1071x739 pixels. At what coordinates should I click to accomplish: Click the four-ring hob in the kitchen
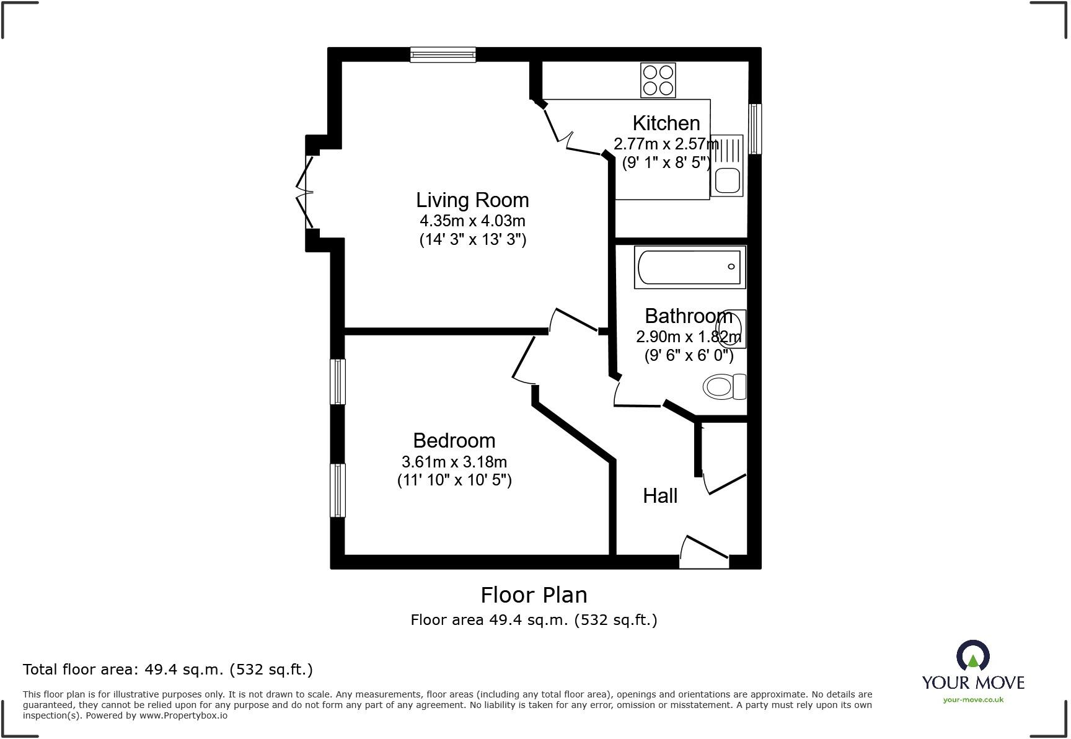(x=658, y=81)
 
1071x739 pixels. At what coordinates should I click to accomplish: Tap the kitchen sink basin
(x=727, y=182)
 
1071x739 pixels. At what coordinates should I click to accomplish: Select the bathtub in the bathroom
(x=689, y=267)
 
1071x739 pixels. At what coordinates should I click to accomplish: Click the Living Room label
(x=472, y=200)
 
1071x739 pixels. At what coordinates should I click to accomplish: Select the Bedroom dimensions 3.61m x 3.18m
(x=454, y=462)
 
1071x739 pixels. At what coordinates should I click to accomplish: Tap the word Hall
(x=660, y=496)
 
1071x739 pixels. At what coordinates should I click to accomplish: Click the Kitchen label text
(x=666, y=123)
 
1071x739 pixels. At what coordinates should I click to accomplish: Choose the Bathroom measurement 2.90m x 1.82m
(x=688, y=337)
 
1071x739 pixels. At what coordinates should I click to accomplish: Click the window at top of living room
(x=443, y=55)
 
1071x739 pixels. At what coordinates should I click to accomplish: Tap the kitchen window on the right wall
(x=754, y=128)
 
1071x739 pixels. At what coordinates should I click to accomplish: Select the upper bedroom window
(x=337, y=381)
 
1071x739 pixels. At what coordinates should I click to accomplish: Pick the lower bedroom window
(x=337, y=490)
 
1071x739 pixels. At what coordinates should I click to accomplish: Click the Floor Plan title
(x=534, y=595)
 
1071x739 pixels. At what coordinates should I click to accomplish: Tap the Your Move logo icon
(x=972, y=656)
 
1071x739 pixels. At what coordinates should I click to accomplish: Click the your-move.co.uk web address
(x=973, y=700)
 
